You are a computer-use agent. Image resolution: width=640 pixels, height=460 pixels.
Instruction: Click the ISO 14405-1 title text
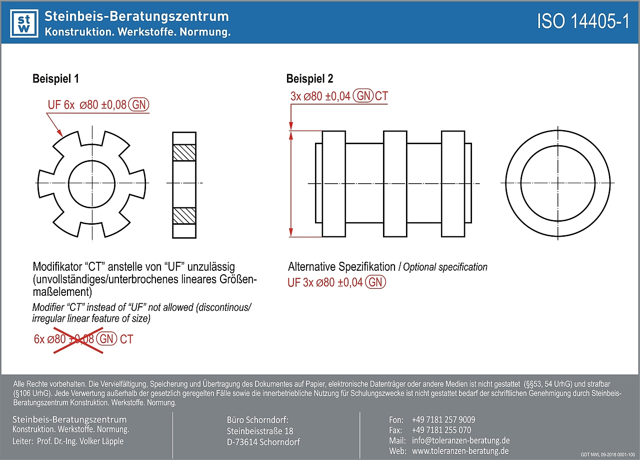coord(582,22)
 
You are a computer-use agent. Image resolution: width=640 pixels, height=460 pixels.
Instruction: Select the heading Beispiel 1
coord(55,79)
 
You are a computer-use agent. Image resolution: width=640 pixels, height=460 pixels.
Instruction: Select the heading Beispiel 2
coord(309,79)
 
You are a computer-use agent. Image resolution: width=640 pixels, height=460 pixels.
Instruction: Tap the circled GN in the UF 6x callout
coord(138,105)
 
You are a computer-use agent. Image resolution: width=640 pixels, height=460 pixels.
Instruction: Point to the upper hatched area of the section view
coord(184,153)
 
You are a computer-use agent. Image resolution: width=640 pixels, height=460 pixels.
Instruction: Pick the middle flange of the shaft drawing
coord(394,183)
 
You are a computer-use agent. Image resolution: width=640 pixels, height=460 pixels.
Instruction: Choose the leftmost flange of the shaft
coord(333,183)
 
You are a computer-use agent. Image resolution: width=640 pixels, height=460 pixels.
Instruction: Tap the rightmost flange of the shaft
coord(453,183)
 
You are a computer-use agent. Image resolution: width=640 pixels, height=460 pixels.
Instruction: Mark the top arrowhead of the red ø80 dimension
coord(291,135)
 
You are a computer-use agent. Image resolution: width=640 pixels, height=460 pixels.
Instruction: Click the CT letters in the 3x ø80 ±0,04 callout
coord(381,96)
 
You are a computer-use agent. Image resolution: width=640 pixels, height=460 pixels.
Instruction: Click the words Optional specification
coord(445,267)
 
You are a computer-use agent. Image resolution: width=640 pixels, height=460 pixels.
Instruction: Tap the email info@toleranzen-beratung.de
coord(460,440)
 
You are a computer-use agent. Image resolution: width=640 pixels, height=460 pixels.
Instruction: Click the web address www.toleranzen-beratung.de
coord(460,451)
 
